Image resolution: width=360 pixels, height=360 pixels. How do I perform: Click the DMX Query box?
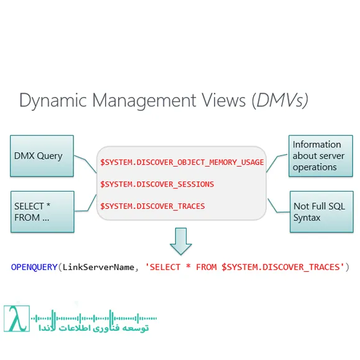(42, 155)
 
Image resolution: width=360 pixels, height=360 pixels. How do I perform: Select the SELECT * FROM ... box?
(42, 212)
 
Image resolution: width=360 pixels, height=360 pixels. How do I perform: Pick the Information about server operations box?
(318, 155)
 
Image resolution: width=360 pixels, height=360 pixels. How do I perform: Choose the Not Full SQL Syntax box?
(318, 212)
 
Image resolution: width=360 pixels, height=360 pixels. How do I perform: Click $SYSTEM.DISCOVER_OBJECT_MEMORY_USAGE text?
(182, 163)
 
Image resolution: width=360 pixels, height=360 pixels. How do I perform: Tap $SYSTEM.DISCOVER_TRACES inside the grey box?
(152, 206)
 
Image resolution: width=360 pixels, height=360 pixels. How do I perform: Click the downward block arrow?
(181, 241)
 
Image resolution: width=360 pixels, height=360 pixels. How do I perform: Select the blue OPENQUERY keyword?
(34, 267)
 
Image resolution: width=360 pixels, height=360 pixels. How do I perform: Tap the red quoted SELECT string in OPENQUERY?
(244, 267)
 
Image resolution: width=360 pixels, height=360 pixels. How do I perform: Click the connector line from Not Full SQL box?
(278, 205)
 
